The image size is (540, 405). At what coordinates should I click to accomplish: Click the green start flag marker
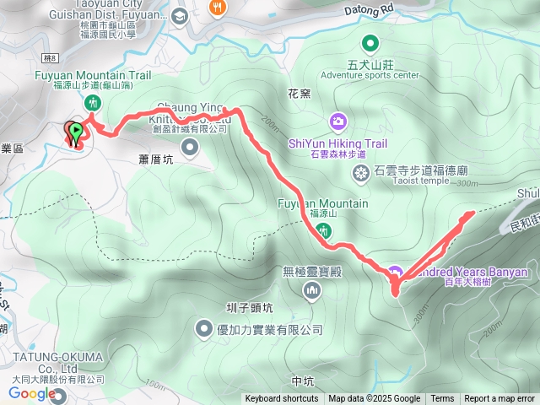point(77,132)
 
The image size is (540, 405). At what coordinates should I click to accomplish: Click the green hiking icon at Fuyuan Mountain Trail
point(93,102)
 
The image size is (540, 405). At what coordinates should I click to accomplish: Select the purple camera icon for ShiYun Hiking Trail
point(337,121)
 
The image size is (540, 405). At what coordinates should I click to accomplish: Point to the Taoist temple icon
point(361,173)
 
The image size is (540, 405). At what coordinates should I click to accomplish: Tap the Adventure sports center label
point(370,75)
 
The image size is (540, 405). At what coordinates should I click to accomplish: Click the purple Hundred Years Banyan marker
point(394,272)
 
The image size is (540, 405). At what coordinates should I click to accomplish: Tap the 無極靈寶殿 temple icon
point(313,291)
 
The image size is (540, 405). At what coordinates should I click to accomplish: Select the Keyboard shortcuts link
point(282,399)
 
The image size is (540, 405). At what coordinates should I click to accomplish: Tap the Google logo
point(32,393)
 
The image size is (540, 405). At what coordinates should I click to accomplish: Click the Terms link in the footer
point(442,399)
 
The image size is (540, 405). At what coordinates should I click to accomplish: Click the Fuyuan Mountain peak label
point(322,203)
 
